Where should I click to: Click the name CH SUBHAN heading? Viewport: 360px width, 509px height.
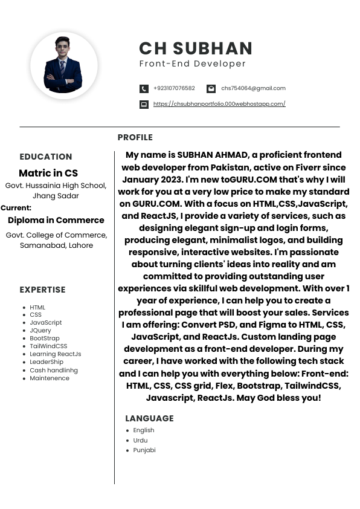tap(196, 48)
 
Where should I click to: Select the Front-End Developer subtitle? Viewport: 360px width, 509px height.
tap(193, 63)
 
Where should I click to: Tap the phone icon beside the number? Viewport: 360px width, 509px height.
tap(144, 89)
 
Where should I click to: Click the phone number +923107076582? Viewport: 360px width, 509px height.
tap(174, 88)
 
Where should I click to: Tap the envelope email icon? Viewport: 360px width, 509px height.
tap(211, 89)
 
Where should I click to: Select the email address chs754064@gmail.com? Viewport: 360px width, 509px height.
tap(253, 88)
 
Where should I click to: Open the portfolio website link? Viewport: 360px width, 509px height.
tap(219, 104)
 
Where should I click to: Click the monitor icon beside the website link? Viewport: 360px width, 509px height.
tap(144, 105)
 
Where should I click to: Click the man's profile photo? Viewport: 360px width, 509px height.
tap(63, 65)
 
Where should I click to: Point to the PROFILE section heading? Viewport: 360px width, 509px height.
tap(135, 137)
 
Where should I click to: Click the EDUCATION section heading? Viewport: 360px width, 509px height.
tap(46, 157)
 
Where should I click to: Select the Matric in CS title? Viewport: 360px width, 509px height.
tap(48, 173)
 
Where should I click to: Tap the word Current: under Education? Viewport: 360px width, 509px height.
tap(16, 207)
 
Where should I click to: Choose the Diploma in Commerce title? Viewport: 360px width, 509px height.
tap(56, 220)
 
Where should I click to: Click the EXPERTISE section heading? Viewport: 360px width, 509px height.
tap(42, 290)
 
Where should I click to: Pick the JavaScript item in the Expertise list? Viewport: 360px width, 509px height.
tap(46, 323)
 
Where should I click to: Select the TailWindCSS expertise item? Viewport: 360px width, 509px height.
tap(48, 346)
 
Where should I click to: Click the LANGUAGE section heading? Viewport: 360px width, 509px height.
tap(149, 418)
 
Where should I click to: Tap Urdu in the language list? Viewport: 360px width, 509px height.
tap(140, 440)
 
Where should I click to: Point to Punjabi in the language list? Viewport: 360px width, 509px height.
tap(144, 450)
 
